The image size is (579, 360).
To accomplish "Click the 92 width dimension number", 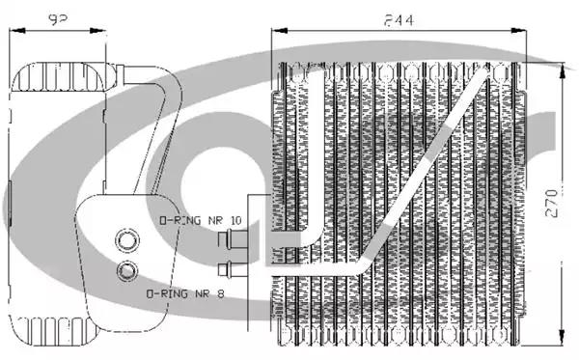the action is [57, 19].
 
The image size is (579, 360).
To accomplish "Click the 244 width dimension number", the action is [399, 20].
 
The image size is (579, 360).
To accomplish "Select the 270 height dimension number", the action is [552, 203].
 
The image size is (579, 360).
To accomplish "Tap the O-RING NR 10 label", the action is [201, 220].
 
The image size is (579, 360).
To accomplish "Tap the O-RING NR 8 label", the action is [185, 294].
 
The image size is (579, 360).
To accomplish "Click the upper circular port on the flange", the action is [127, 240].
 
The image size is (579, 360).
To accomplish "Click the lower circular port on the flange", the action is [127, 271].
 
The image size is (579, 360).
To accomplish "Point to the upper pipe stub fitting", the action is [233, 238].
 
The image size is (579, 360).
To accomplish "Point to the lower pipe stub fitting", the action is [233, 269].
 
